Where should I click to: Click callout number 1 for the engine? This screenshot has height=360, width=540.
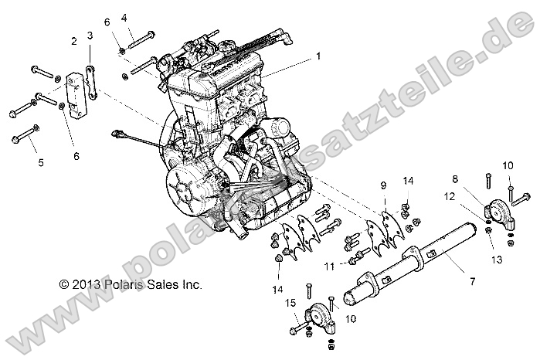pos(316,56)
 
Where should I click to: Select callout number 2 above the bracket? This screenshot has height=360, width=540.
pos(74,40)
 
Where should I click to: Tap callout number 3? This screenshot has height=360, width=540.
pos(90,36)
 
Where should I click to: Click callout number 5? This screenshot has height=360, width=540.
pos(42,161)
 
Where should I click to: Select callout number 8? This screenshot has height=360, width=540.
pos(476,178)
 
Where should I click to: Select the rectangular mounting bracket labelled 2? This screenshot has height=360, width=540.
pos(76,97)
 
